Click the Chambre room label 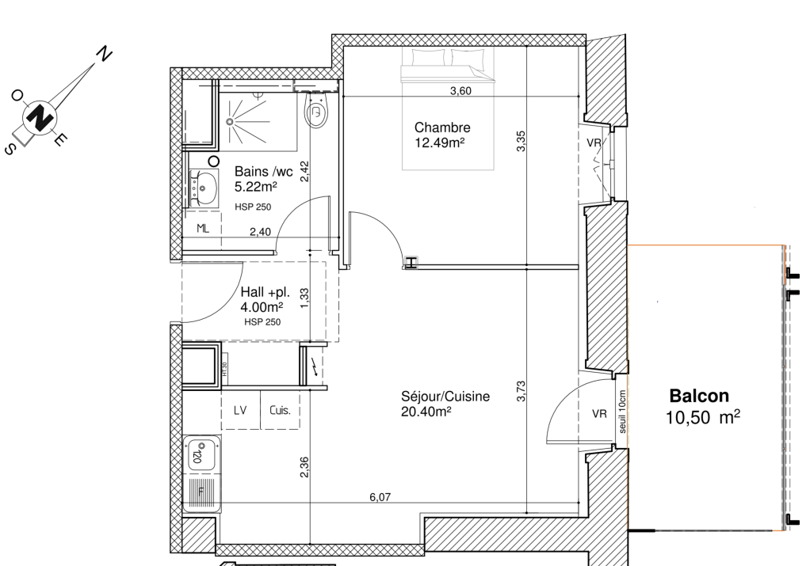tap(442, 127)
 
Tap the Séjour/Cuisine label tap(445, 397)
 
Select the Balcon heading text tap(699, 396)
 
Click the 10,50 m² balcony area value tap(702, 417)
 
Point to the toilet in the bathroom tap(316, 109)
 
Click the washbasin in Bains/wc tap(203, 188)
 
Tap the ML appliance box tap(203, 229)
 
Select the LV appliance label tap(240, 410)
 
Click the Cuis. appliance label tap(280, 410)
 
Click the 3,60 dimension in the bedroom tap(460, 91)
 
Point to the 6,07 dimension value tap(380, 497)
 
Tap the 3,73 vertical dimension tap(521, 391)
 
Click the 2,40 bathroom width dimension tap(260, 232)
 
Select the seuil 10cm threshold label tap(622, 412)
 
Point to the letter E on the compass tap(60, 139)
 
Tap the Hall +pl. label tap(265, 292)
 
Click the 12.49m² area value tap(440, 142)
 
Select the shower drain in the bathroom tap(230, 122)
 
